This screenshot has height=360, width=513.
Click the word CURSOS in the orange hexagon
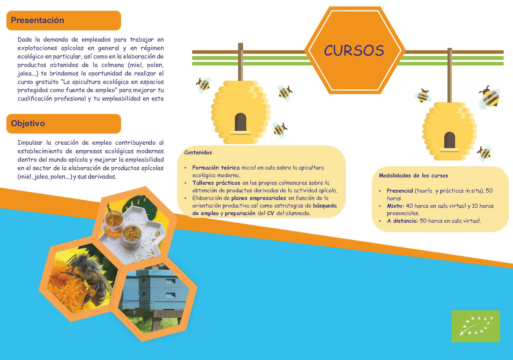tap(354, 51)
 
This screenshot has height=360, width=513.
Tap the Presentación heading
tap(37, 20)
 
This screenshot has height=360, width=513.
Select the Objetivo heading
tap(28, 123)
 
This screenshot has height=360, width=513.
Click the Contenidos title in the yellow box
tap(198, 153)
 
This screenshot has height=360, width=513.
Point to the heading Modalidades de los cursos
tap(413, 176)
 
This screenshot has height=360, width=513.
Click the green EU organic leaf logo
tap(476, 326)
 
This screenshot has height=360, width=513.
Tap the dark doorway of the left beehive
tap(240, 122)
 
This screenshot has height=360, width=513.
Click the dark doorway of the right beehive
tap(450, 140)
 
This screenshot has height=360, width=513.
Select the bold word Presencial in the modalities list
tap(400, 191)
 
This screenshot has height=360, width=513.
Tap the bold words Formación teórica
tap(216, 168)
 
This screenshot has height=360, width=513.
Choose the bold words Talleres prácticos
tap(216, 183)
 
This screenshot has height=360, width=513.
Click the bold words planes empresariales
tap(259, 198)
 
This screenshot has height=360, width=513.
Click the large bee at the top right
tap(489, 97)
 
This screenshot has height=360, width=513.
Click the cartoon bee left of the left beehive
tap(203, 85)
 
